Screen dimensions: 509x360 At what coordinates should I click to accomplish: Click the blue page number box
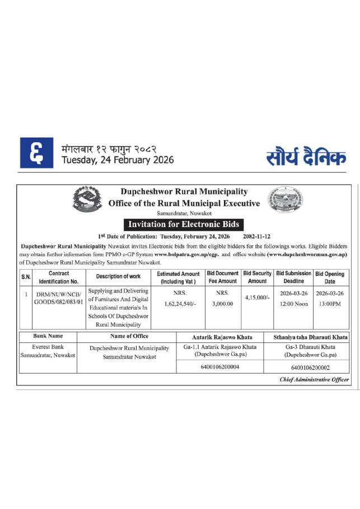point(37,153)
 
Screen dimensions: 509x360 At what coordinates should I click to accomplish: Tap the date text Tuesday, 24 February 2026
point(118,160)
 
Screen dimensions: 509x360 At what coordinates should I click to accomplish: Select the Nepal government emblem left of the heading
point(88,200)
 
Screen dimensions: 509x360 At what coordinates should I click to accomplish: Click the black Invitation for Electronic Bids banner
point(184,224)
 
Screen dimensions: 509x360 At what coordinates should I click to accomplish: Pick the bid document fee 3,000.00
point(222,304)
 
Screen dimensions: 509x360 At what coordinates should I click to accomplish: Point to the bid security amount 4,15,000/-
point(257,298)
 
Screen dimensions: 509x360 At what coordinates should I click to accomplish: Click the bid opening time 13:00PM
point(330,304)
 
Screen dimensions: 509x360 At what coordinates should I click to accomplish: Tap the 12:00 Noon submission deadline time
point(293,304)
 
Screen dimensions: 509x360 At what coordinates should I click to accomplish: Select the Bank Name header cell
point(48,336)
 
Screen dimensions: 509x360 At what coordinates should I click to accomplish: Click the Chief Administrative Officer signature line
point(314,379)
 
